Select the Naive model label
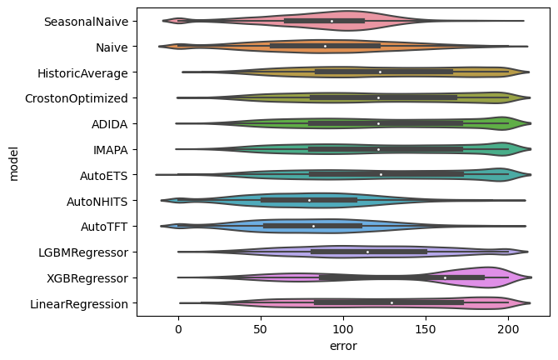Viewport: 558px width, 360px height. tap(111, 47)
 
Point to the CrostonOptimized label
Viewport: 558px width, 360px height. tap(81, 97)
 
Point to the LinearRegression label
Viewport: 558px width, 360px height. tap(83, 303)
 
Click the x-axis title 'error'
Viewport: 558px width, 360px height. tap(342, 345)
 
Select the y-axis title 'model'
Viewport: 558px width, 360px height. tap(12, 162)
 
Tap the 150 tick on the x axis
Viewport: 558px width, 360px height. tap(426, 328)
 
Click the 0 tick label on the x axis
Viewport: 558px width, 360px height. tap(177, 328)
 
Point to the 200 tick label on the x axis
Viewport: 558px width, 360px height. tap(508, 328)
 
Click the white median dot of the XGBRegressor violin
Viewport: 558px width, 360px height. tap(445, 277)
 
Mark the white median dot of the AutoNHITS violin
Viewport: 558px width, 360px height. tap(309, 200)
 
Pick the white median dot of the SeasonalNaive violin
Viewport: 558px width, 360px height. tap(331, 20)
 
